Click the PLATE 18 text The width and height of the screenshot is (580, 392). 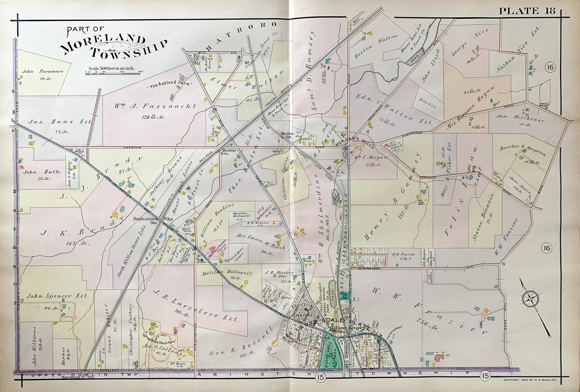528,11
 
